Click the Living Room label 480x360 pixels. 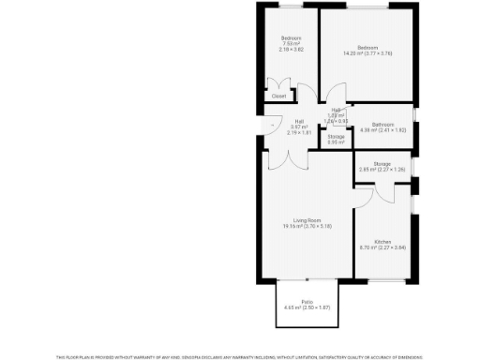point(307,220)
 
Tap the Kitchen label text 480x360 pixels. point(382,242)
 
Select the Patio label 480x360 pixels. point(307,302)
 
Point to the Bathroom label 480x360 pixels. point(382,124)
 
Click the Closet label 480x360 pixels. point(278,96)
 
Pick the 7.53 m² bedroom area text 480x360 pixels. point(290,43)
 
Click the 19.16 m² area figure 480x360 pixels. point(307,226)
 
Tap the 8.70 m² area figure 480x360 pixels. point(382,247)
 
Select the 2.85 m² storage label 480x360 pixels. point(382,170)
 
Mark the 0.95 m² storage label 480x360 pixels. point(336,141)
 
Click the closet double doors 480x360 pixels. point(278,84)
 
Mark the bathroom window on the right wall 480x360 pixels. point(413,124)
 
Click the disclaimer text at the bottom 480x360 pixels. point(240,356)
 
